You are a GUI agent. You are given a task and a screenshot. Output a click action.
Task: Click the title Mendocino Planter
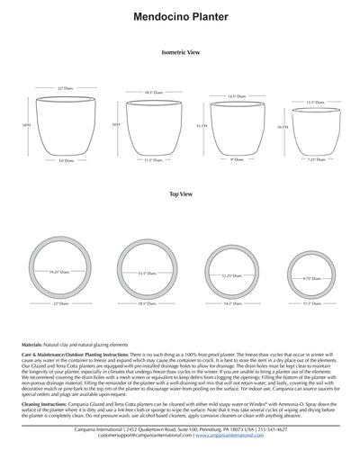179,16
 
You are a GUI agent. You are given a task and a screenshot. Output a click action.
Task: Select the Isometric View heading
180,54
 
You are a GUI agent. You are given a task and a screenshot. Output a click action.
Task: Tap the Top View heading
179,193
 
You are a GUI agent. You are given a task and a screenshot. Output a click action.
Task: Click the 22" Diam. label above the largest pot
64,88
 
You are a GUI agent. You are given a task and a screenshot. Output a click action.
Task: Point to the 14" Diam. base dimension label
66,161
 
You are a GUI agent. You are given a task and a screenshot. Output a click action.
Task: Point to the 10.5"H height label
282,128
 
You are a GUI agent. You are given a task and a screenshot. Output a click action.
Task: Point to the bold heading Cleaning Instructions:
43,406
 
